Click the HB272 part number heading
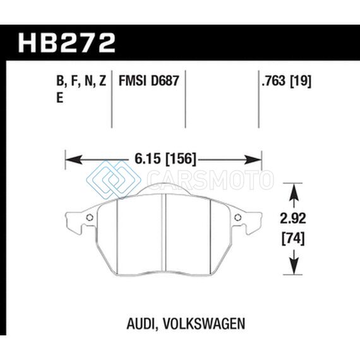point(66,43)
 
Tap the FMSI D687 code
point(148,81)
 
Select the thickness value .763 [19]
point(287,81)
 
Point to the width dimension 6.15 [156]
point(165,159)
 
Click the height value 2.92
point(293,219)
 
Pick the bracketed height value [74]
point(293,239)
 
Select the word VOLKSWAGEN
point(204,323)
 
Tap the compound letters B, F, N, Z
point(81,81)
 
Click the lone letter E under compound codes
point(60,98)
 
